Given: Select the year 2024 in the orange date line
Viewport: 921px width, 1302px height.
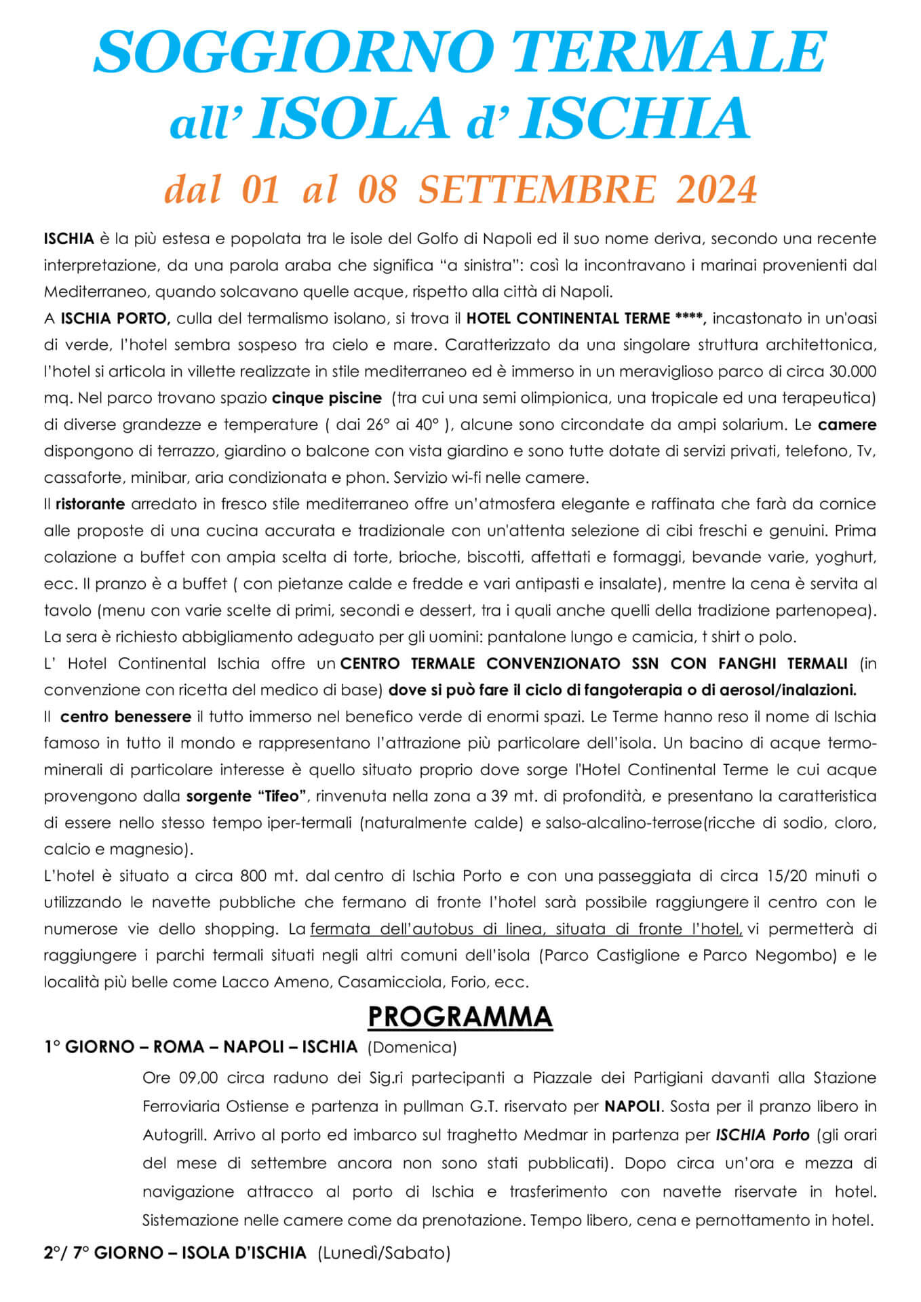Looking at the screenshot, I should pyautogui.click(x=716, y=189).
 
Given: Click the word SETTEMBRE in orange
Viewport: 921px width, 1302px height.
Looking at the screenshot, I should pyautogui.click(x=537, y=189).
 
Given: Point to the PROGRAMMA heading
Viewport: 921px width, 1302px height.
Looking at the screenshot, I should pyautogui.click(x=460, y=1017).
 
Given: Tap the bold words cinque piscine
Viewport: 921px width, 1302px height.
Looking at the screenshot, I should pyautogui.click(x=327, y=397).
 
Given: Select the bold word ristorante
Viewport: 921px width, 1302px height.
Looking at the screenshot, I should pyautogui.click(x=90, y=504).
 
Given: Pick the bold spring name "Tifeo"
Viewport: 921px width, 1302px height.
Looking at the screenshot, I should pyautogui.click(x=283, y=796).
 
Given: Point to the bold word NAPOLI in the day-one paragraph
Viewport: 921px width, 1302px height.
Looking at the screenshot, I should pyautogui.click(x=632, y=1106).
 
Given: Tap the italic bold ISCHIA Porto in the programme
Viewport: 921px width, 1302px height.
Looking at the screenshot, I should pyautogui.click(x=762, y=1135).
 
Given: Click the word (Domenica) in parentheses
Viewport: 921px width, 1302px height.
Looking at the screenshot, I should pyautogui.click(x=412, y=1047).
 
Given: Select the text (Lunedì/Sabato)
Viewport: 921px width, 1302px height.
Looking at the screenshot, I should pyautogui.click(x=384, y=1252).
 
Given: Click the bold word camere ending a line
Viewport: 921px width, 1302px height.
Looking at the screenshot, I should pyautogui.click(x=847, y=425).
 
